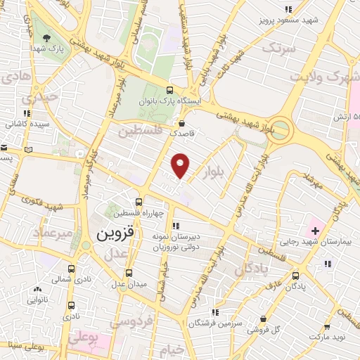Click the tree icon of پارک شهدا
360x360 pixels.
(46, 39)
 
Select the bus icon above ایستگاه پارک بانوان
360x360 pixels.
(169, 90)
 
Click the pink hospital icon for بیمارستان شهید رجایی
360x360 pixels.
(314, 229)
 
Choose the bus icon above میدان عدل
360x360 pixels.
(129, 273)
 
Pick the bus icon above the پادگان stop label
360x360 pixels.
(295, 276)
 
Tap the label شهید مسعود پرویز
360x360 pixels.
(291, 20)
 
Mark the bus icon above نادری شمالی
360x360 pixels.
(71, 269)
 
